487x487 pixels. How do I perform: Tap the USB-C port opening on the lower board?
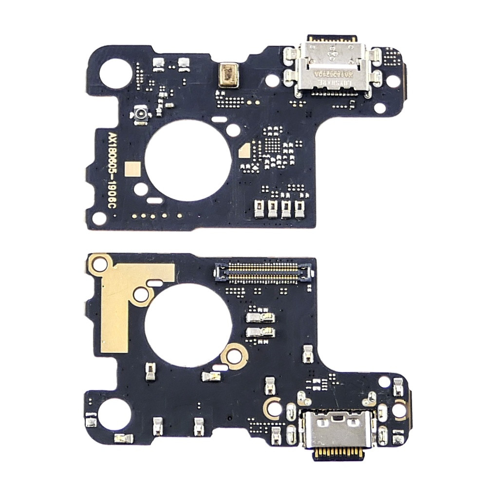coord(337,422)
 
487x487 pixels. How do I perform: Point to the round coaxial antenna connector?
coord(139,115)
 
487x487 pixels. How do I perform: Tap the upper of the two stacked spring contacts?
coord(261,318)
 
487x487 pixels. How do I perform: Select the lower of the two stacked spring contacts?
coord(261,333)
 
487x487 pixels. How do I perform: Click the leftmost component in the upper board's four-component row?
coord(259,209)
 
